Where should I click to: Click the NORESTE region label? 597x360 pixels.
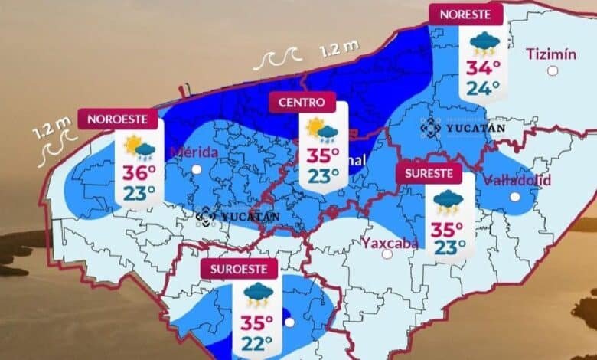click(x=466, y=13)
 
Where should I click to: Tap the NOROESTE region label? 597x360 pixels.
click(x=122, y=119)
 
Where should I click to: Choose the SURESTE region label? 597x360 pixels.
click(x=429, y=173)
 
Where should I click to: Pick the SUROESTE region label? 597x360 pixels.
click(x=239, y=269)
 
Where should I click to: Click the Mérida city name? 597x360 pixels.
click(x=196, y=151)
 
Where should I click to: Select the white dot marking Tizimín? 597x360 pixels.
click(x=553, y=70)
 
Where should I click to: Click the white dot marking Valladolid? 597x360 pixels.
click(x=515, y=198)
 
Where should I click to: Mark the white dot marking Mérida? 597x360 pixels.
click(x=197, y=169)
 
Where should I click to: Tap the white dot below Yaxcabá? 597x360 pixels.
click(x=387, y=254)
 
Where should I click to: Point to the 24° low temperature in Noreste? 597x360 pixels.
click(x=484, y=88)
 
